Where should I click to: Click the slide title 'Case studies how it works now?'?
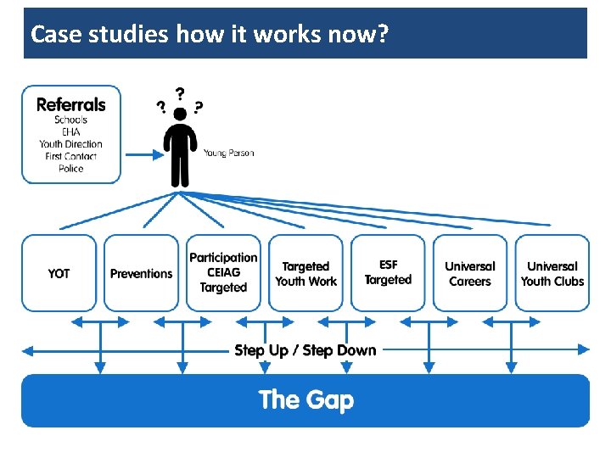209,35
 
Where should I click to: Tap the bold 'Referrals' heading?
71,104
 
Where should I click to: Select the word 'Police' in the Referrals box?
71,169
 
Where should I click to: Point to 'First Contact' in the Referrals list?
71,156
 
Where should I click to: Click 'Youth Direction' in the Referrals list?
71,144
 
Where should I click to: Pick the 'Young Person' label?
228,154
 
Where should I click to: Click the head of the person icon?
180,114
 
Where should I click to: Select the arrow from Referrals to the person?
143,154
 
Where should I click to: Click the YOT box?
59,273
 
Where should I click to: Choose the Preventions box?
141,273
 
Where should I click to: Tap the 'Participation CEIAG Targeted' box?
223,273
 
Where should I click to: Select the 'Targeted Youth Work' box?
305,273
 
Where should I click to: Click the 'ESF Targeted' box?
388,273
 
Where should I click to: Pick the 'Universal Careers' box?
470,273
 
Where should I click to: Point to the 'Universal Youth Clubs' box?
552,273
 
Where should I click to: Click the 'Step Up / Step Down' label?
305,350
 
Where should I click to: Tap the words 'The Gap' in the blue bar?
305,399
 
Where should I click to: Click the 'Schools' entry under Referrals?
71,120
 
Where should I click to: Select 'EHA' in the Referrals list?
71,131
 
